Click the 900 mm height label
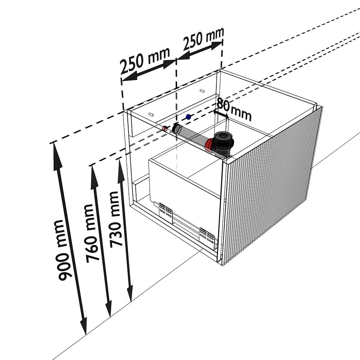coord(62,250)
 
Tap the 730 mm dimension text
coord(116,220)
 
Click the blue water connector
coord(189,117)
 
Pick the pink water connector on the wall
coord(165,128)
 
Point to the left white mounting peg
coord(150,114)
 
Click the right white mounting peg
coord(202,91)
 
